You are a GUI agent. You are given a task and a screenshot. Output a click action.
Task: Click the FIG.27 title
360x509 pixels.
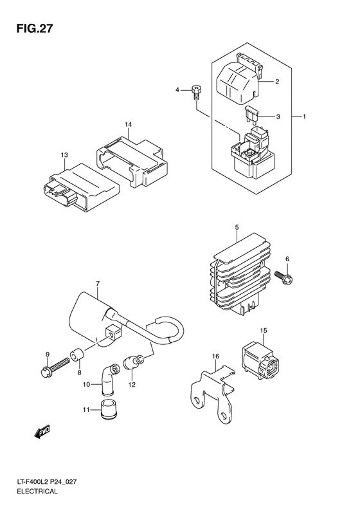[x=34, y=29]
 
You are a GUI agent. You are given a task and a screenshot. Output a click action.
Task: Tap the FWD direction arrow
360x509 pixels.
[x=42, y=431]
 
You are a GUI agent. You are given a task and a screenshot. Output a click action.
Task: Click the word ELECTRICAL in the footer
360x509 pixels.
[x=38, y=491]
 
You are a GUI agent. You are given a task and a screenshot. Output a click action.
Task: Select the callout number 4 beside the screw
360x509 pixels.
[x=177, y=89]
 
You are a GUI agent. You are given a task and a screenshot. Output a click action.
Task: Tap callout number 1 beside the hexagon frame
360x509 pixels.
[x=304, y=116]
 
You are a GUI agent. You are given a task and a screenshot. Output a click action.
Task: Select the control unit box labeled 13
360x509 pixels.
[x=81, y=188]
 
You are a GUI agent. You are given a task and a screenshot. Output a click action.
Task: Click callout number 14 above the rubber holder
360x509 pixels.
[x=129, y=124]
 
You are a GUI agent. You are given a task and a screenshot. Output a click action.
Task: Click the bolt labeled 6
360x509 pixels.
[x=283, y=277]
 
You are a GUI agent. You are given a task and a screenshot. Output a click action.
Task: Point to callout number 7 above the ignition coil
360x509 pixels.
[x=98, y=284]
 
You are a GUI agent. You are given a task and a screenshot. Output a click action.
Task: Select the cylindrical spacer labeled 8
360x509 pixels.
[x=78, y=355]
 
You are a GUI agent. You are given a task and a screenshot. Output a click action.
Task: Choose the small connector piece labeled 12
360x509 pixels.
[x=132, y=363]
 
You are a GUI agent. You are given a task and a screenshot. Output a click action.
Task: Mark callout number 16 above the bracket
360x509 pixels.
[x=215, y=356]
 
